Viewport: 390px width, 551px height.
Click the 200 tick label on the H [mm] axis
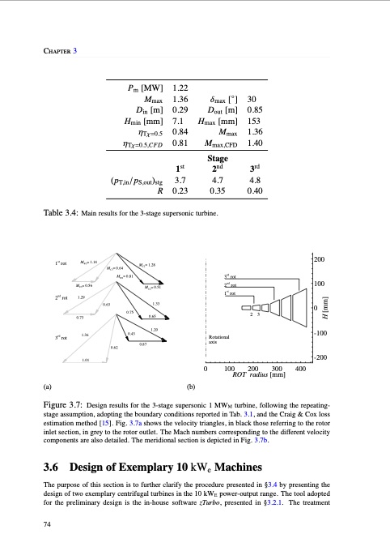320,260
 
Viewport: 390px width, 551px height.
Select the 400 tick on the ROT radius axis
301,369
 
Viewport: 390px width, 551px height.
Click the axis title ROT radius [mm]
259,375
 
